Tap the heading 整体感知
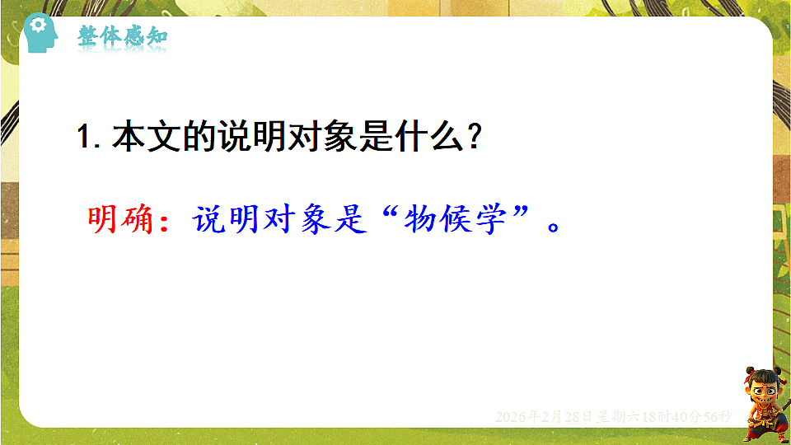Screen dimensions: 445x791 [123, 37]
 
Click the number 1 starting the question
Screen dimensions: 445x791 [82, 138]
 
